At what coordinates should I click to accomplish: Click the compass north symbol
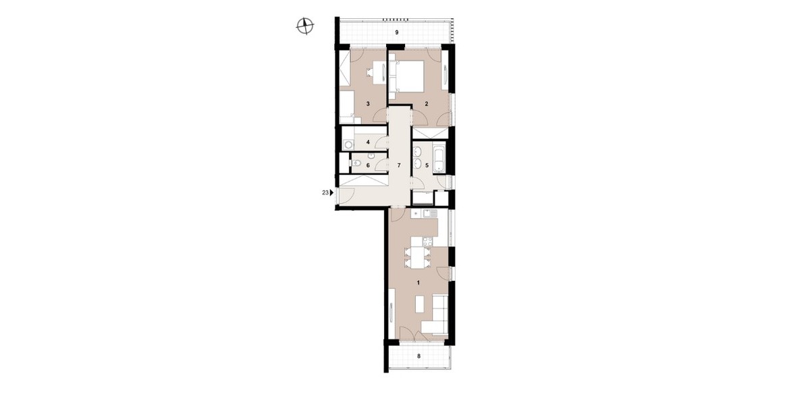pyautogui.click(x=305, y=26)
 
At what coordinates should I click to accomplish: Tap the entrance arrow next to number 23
pyautogui.click(x=331, y=193)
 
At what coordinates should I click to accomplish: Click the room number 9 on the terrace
pyautogui.click(x=397, y=32)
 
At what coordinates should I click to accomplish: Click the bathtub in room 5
pyautogui.click(x=439, y=159)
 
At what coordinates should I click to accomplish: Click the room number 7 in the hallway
pyautogui.click(x=399, y=165)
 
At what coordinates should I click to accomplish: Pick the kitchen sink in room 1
pyautogui.click(x=430, y=213)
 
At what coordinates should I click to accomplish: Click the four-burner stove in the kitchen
pyautogui.click(x=427, y=241)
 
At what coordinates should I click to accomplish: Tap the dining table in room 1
pyautogui.click(x=418, y=257)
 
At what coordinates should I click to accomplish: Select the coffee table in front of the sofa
pyautogui.click(x=420, y=304)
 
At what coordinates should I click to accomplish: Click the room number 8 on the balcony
pyautogui.click(x=418, y=356)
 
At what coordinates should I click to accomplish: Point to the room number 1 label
pyautogui.click(x=418, y=283)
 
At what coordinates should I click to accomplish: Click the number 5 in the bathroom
pyautogui.click(x=427, y=165)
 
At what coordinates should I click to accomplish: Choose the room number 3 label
pyautogui.click(x=368, y=104)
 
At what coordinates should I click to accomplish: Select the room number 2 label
pyautogui.click(x=427, y=104)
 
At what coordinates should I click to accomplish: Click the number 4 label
pyautogui.click(x=368, y=142)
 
